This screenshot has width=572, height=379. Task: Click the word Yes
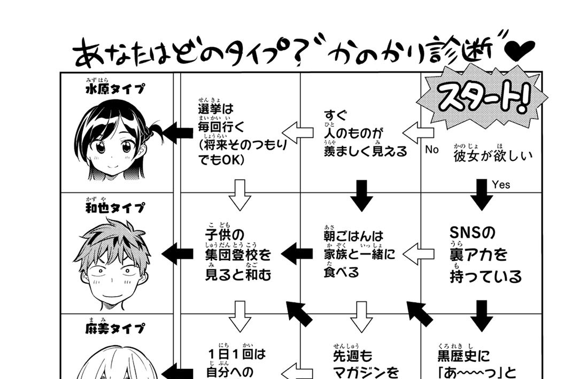(x=501, y=185)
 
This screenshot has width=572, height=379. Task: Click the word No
(x=432, y=150)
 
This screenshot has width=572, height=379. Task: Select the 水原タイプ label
(x=115, y=89)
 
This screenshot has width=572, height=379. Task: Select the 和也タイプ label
(x=115, y=207)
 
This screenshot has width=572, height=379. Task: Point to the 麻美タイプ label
(x=115, y=328)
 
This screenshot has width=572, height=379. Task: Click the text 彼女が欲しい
(x=493, y=156)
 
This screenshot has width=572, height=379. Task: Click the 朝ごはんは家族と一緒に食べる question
(x=359, y=253)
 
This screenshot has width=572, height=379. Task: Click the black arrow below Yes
(x=482, y=195)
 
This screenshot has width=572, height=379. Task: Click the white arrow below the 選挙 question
(x=239, y=195)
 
